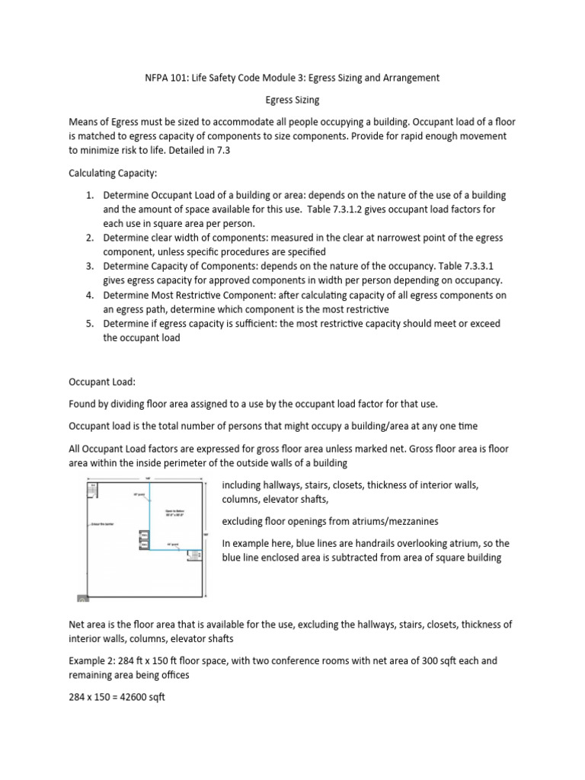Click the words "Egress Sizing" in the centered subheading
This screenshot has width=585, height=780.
coord(292,99)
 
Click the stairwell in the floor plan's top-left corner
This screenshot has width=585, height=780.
coord(94,489)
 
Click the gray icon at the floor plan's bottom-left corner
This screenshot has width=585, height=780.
coord(82,599)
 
